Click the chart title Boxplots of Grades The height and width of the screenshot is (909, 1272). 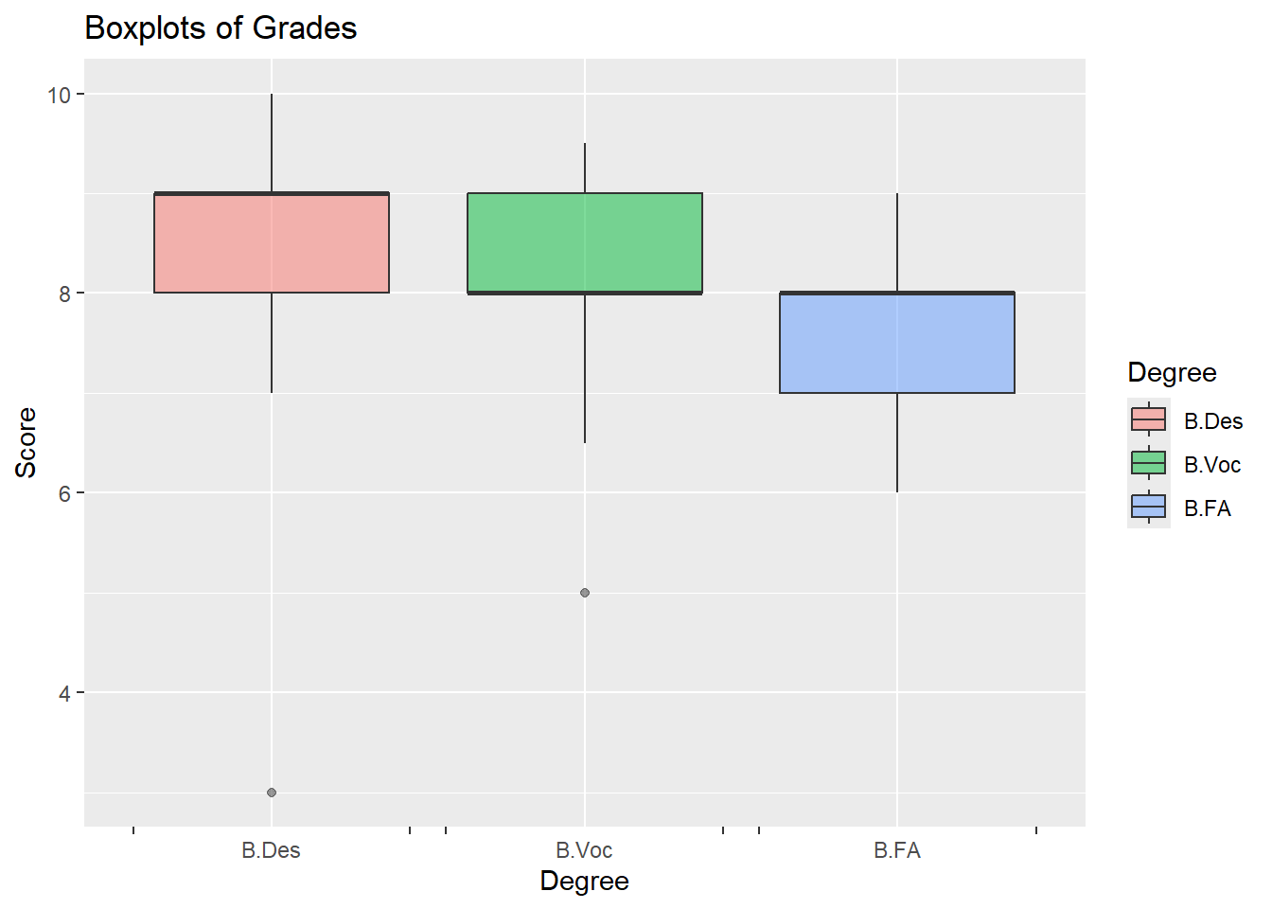tap(221, 28)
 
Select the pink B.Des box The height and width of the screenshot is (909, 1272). tap(272, 242)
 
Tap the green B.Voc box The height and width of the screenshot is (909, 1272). tap(584, 242)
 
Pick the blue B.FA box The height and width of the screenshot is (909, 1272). tap(896, 343)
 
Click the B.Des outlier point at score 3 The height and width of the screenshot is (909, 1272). tap(272, 793)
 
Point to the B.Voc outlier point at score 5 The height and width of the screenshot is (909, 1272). tap(585, 593)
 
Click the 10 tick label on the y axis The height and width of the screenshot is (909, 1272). tap(60, 95)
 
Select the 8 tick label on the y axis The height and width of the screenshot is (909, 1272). tap(65, 294)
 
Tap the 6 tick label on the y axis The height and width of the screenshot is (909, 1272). tap(65, 493)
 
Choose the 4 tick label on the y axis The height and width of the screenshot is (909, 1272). tap(65, 693)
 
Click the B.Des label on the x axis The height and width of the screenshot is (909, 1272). tap(271, 850)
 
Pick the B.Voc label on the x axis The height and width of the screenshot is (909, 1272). tap(584, 850)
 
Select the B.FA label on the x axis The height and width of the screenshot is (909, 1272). tap(897, 850)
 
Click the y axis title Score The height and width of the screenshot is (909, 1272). tap(26, 442)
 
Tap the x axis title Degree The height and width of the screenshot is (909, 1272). tap(584, 882)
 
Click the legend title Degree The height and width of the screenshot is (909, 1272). tap(1172, 373)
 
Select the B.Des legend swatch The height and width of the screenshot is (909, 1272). tap(1148, 419)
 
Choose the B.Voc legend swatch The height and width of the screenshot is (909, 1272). tap(1148, 463)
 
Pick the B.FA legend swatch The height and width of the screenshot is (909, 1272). tap(1148, 507)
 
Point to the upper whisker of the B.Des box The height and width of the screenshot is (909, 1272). tap(272, 143)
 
